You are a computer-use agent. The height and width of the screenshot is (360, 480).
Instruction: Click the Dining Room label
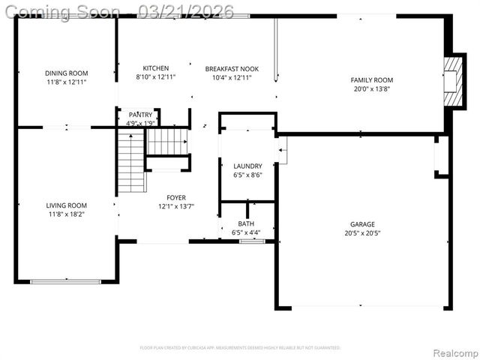tap(67, 73)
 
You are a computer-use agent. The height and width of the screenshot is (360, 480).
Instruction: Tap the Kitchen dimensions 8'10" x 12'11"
tap(156, 77)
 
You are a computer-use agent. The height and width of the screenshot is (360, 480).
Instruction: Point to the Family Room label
tap(371, 79)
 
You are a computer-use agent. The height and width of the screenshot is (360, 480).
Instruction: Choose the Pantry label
tap(140, 114)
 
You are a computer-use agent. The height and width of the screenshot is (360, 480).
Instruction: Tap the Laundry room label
tap(247, 166)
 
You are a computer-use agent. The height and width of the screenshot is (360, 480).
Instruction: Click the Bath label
tap(246, 223)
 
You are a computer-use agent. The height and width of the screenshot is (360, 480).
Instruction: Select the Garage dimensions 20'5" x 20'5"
tap(362, 233)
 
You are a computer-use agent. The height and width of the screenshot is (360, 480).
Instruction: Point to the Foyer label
tap(176, 197)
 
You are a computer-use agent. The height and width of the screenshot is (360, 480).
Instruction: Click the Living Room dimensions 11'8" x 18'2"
tap(67, 214)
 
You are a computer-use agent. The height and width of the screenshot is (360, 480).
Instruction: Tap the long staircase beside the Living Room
tap(130, 161)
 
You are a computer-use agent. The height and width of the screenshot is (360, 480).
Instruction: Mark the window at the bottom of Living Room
tap(66, 281)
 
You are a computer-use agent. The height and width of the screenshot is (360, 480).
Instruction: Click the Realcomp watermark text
tap(453, 352)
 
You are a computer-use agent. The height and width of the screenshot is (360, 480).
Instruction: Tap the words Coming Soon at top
tap(63, 12)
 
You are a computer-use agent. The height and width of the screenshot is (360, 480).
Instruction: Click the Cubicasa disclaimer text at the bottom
tap(240, 348)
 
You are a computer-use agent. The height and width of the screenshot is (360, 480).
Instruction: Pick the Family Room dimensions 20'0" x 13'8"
tap(371, 88)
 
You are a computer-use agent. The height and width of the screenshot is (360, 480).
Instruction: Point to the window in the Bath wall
tap(252, 241)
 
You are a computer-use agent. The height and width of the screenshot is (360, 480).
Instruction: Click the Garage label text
tap(362, 224)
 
